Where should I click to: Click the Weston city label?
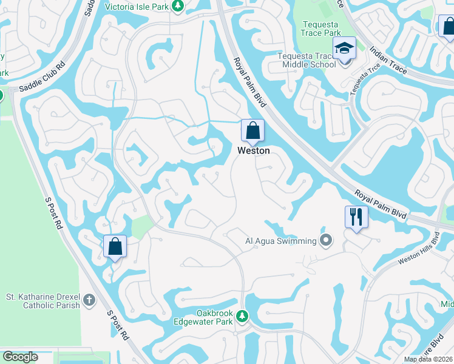click(x=253, y=150)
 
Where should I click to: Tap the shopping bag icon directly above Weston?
click(x=252, y=130)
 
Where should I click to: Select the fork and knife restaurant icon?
click(x=356, y=217)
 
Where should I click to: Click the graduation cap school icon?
click(x=344, y=49)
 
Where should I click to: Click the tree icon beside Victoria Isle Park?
click(x=177, y=7)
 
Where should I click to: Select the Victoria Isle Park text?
click(x=136, y=7)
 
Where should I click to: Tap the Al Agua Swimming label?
click(x=280, y=241)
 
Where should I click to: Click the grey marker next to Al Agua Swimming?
click(x=327, y=241)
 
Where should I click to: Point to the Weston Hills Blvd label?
click(x=418, y=249)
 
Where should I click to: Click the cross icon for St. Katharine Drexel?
click(x=89, y=300)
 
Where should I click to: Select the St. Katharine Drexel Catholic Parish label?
click(x=43, y=301)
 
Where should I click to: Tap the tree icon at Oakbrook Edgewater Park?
click(x=242, y=316)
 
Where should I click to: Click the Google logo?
click(x=20, y=357)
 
